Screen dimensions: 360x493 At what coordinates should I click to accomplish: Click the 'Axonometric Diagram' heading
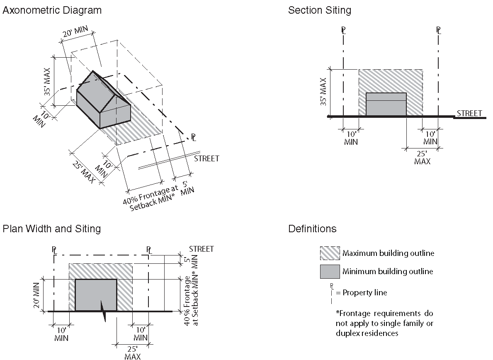[52, 10]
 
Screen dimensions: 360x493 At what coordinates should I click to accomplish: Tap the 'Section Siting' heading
[319, 10]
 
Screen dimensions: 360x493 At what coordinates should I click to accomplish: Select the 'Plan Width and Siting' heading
[51, 229]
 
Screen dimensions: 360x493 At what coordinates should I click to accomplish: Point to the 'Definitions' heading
[312, 229]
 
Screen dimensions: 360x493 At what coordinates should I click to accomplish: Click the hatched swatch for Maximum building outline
[330, 253]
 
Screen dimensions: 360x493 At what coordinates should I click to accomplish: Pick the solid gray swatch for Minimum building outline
[330, 272]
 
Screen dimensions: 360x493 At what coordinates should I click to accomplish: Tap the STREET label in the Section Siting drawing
[469, 113]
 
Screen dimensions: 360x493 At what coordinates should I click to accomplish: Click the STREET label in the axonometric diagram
[206, 158]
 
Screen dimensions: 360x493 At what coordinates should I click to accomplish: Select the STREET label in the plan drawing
[201, 249]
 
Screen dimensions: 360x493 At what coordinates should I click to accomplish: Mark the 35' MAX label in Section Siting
[324, 91]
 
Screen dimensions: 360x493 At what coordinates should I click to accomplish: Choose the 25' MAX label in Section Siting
[422, 157]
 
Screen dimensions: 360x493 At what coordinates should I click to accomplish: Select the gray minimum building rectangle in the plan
[96, 294]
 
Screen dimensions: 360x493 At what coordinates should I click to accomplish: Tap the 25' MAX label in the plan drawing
[132, 352]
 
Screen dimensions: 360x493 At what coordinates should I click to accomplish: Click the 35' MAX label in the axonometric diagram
[48, 81]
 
